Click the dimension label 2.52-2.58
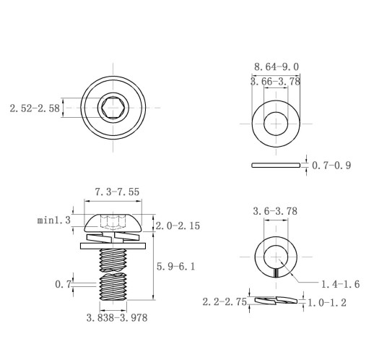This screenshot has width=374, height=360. tap(35, 108)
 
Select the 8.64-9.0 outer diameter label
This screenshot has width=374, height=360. tap(277, 67)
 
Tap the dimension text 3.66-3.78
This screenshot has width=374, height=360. tap(276, 82)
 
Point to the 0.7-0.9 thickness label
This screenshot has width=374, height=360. tap(331, 166)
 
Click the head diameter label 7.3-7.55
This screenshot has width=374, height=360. tap(117, 192)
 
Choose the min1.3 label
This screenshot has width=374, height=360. tap(54, 220)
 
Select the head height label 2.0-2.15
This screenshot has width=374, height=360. tap(178, 226)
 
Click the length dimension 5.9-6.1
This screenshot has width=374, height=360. tap(176, 267)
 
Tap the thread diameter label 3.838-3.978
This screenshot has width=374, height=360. tap(117, 318)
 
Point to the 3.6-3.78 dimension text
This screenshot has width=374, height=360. tap(275, 211)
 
